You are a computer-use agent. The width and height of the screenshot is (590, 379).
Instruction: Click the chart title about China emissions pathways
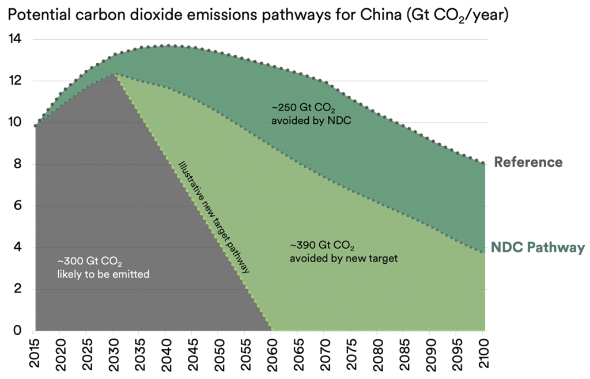[x=258, y=16]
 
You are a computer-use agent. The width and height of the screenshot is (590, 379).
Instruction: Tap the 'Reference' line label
[x=528, y=162]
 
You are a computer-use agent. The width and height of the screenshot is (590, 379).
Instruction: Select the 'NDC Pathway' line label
[x=538, y=248]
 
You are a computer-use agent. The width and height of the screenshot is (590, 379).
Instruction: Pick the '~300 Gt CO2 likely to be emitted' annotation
[x=103, y=268]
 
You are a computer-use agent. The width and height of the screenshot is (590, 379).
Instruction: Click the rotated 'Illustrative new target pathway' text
[x=214, y=217]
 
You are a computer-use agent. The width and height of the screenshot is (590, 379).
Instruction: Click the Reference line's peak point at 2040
[x=167, y=46]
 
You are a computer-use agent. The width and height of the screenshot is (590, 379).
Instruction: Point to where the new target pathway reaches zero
[x=271, y=330]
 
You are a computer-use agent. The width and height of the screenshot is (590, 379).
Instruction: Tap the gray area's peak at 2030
[x=115, y=74]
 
